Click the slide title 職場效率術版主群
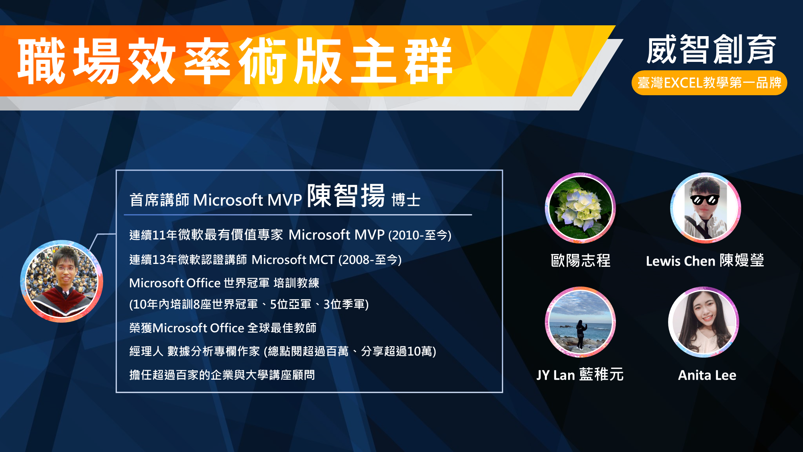click(x=235, y=61)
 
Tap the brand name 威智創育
click(x=711, y=49)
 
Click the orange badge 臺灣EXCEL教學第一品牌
click(x=709, y=83)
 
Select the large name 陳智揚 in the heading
click(x=346, y=196)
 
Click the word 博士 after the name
click(x=406, y=200)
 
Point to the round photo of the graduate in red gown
click(x=62, y=281)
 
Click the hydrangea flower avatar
click(x=580, y=208)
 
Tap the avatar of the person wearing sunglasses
click(x=705, y=208)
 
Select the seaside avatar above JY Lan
click(x=580, y=322)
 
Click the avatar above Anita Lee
click(x=703, y=322)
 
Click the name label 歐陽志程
click(x=581, y=261)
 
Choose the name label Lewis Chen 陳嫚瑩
click(x=705, y=261)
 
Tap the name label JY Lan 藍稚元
click(x=580, y=375)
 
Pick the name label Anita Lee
click(x=707, y=375)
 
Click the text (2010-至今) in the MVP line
click(x=420, y=235)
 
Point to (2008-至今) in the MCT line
click(x=370, y=260)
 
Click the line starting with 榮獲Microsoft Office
click(x=223, y=328)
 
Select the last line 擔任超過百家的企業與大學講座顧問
click(x=222, y=375)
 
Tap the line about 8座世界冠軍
click(x=249, y=305)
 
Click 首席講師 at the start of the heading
click(x=159, y=200)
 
